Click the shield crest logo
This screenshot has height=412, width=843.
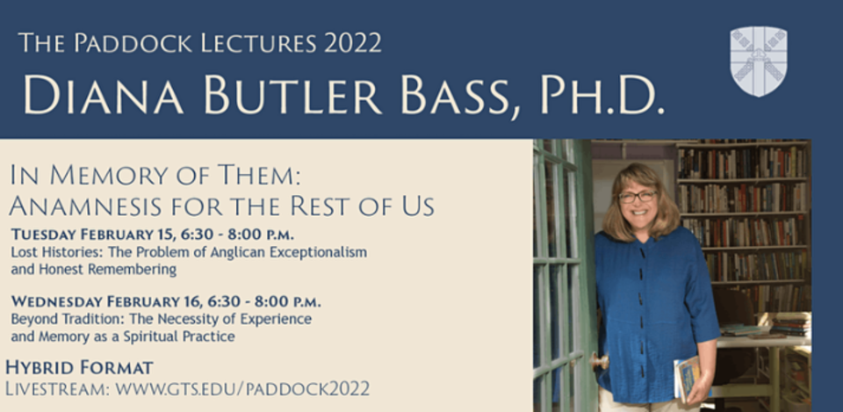[759, 61]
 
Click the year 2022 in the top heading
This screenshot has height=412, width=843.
[353, 43]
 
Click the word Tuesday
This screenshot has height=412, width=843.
[44, 235]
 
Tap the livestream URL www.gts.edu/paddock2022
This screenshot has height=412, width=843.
[242, 389]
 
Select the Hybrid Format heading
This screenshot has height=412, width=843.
[79, 368]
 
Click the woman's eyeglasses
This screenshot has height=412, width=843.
[638, 196]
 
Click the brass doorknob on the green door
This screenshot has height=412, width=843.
[600, 361]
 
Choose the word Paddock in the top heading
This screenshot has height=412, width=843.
[133, 43]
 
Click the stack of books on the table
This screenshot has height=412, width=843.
[789, 325]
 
